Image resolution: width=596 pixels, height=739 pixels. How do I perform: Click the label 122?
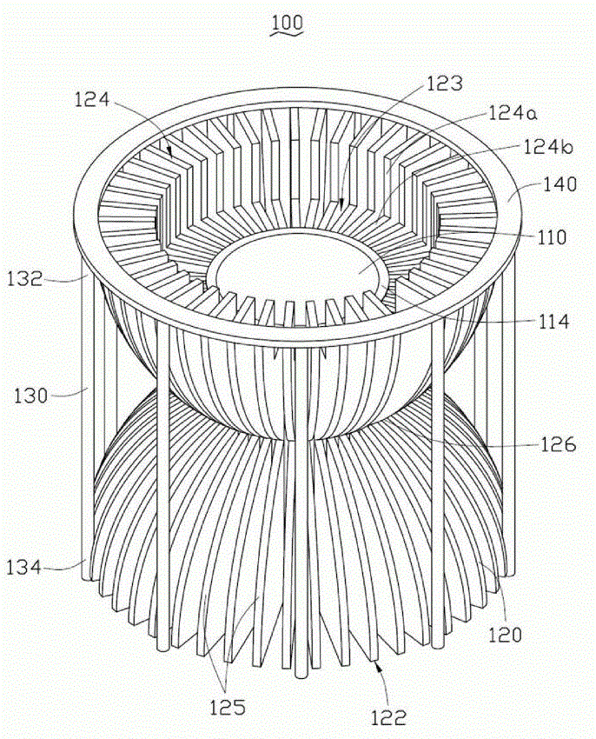pos(388,718)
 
